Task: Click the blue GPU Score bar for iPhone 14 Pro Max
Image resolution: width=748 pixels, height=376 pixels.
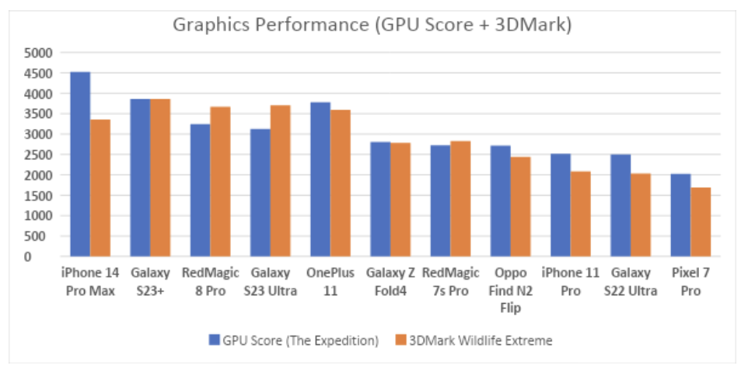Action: pos(80,164)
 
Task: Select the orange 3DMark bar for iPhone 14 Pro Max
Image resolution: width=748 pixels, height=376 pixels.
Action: pos(100,188)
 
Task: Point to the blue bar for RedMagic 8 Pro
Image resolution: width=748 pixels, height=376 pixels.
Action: pos(200,190)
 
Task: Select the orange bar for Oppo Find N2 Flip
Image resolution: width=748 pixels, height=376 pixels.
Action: pos(520,207)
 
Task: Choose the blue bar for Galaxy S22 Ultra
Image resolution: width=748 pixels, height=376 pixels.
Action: pos(620,205)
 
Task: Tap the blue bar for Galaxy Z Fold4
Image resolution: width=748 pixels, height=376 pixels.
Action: pos(380,199)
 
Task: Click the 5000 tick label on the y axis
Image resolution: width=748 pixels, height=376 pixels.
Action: pos(39,53)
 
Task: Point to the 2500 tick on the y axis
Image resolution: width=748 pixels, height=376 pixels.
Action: pos(39,155)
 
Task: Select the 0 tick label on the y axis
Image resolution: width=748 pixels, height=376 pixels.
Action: pos(48,256)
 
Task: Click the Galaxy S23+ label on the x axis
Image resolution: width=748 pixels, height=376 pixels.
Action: pos(150,282)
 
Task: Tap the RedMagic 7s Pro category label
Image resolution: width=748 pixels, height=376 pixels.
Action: pos(450,282)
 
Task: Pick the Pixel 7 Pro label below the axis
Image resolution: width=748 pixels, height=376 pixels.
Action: pos(690,282)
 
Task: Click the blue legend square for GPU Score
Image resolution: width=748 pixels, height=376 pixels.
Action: pos(214,339)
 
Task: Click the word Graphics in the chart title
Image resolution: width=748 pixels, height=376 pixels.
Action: pos(204,25)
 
